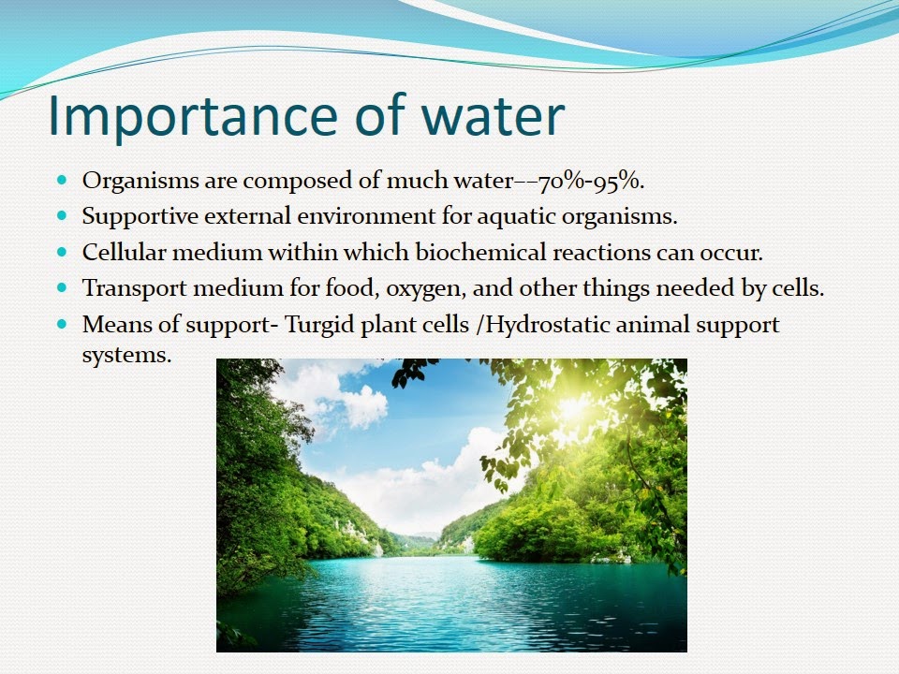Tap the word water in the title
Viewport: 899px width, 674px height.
tap(494, 117)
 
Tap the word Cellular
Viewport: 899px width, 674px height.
tap(124, 252)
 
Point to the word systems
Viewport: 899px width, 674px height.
tap(126, 356)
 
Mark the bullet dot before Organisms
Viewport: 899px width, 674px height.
tap(62, 181)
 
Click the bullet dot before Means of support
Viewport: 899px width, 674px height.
tap(62, 325)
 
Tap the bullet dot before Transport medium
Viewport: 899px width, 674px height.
tap(62, 287)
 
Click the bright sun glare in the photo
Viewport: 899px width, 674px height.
tap(573, 408)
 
